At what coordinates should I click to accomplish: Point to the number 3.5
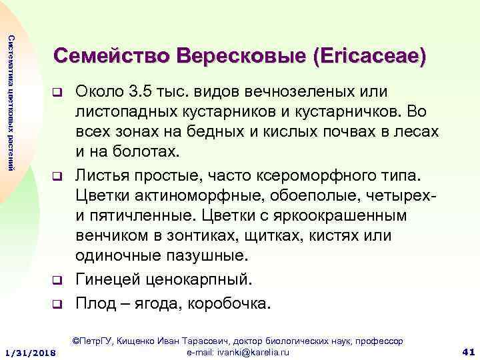(x=142, y=90)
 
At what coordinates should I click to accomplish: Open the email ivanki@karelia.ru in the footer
(x=231, y=351)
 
